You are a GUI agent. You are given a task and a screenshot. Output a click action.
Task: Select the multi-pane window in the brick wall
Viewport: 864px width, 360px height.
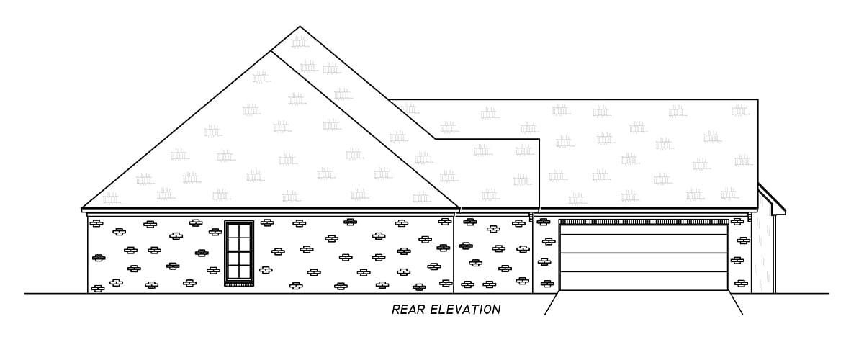pyautogui.click(x=239, y=251)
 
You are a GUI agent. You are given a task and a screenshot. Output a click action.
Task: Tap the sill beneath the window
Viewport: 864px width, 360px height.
pyautogui.click(x=239, y=284)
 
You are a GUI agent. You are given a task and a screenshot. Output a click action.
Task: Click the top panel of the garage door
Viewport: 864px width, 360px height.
pyautogui.click(x=644, y=230)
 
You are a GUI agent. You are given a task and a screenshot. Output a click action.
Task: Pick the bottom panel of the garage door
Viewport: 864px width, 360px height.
pyautogui.click(x=644, y=281)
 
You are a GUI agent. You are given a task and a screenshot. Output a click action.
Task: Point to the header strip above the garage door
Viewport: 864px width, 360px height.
pyautogui.click(x=644, y=222)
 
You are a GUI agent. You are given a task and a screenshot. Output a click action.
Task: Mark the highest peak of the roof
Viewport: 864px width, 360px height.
pyautogui.click(x=300, y=27)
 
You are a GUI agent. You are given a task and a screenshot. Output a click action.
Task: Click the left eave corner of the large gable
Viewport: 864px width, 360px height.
pyautogui.click(x=82, y=209)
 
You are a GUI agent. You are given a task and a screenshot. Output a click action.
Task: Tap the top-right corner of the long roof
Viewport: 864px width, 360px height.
pyautogui.click(x=757, y=100)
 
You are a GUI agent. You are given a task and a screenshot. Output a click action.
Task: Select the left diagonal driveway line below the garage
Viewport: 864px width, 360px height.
pyautogui.click(x=551, y=304)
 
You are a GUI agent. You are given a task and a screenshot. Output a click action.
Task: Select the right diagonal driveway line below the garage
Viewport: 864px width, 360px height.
pyautogui.click(x=736, y=304)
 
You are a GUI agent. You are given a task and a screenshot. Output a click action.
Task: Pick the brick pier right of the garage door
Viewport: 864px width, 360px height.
pyautogui.click(x=739, y=256)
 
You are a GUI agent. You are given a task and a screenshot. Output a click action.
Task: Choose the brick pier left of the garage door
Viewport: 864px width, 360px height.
pyautogui.click(x=545, y=256)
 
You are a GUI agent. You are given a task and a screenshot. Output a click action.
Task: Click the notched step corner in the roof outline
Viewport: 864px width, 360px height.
pyautogui.click(x=540, y=139)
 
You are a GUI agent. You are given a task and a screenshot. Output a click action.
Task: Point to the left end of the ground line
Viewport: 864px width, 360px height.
pyautogui.click(x=26, y=294)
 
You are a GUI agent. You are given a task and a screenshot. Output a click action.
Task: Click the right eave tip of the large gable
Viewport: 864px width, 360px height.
pyautogui.click(x=459, y=209)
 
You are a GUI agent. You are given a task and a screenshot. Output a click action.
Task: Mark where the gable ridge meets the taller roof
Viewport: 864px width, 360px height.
pyautogui.click(x=271, y=50)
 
